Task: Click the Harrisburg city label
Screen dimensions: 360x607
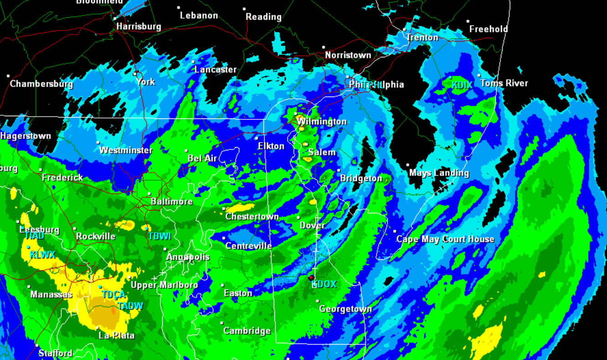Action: point(139,27)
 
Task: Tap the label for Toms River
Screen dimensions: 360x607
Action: point(503,83)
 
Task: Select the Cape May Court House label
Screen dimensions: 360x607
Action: point(445,239)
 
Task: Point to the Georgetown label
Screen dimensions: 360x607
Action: point(345,309)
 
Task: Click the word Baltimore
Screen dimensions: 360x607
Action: point(172,201)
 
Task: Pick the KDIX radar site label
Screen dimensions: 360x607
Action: point(462,85)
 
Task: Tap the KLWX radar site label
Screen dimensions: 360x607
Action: point(42,255)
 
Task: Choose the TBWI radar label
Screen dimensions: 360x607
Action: point(160,237)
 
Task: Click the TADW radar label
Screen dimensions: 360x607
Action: point(130,306)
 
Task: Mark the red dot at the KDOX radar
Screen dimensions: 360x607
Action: point(311,278)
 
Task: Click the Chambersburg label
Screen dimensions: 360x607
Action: point(42,84)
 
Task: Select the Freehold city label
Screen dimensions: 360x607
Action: point(488,29)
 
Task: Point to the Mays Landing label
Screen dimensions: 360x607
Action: point(439,173)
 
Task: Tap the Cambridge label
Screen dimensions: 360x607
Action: point(247,331)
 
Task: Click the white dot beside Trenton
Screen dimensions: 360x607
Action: point(404,29)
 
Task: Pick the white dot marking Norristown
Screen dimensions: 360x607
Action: point(323,47)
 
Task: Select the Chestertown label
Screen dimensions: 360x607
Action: point(252,217)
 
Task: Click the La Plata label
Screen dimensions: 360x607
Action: point(117,336)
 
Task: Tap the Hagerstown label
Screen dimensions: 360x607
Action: point(26,136)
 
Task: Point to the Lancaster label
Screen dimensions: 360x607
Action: point(216,70)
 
